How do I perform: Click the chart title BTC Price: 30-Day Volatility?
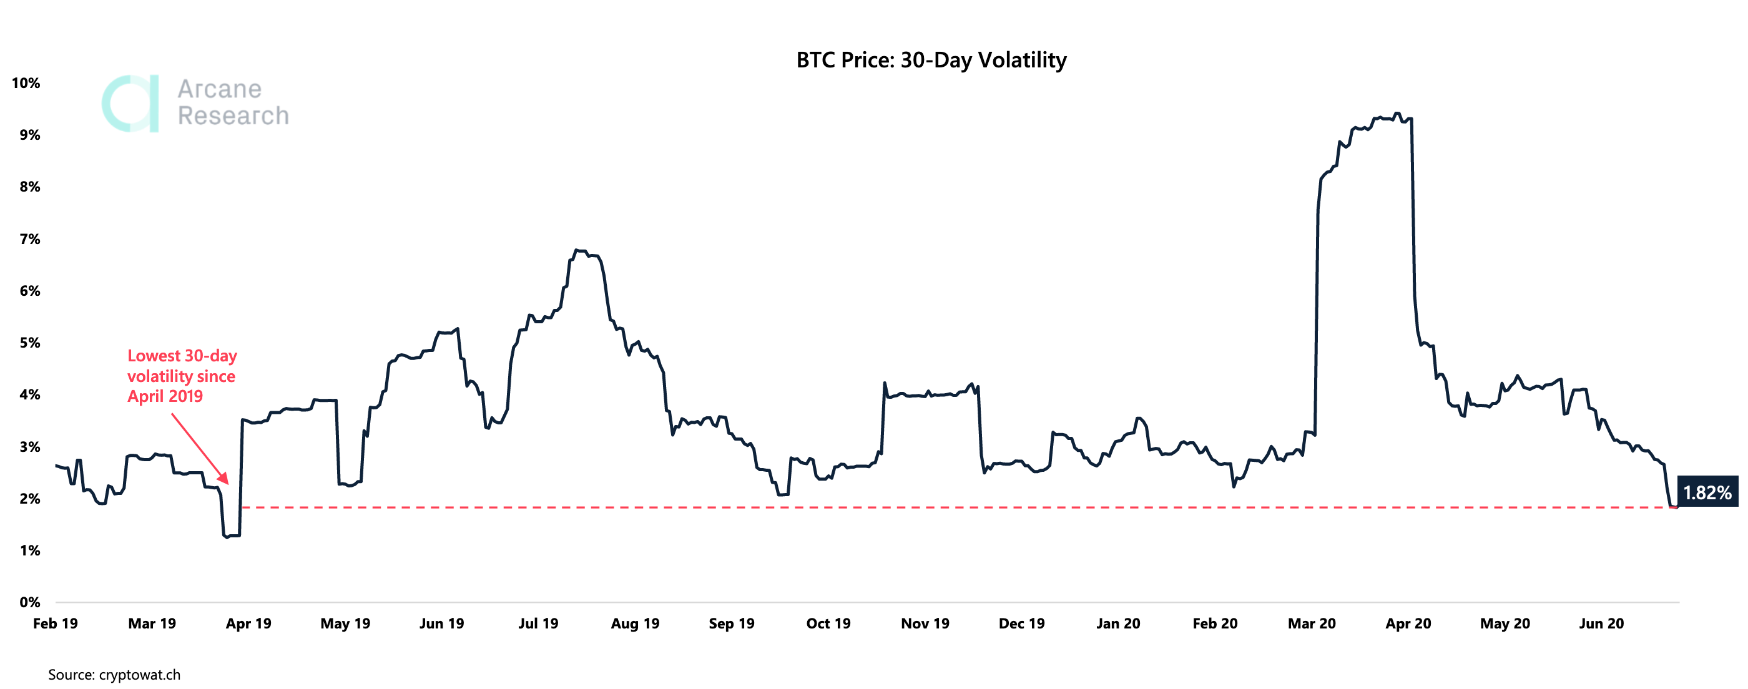click(931, 61)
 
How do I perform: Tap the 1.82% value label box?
click(1707, 492)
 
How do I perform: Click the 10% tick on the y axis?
click(26, 83)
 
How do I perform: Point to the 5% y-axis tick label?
click(29, 343)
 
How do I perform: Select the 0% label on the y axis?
click(29, 602)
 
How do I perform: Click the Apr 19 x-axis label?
click(248, 623)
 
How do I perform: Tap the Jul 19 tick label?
click(538, 623)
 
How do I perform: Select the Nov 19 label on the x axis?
click(925, 623)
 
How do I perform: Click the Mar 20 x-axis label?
click(1312, 623)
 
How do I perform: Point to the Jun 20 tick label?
click(1601, 623)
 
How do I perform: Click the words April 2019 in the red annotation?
click(165, 396)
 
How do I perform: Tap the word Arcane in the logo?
click(219, 89)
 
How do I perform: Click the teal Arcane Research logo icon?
click(131, 103)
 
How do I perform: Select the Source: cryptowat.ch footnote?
click(114, 675)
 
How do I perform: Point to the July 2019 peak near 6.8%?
click(576, 250)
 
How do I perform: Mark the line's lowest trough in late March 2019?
click(227, 537)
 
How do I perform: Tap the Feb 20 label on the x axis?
click(1215, 623)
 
